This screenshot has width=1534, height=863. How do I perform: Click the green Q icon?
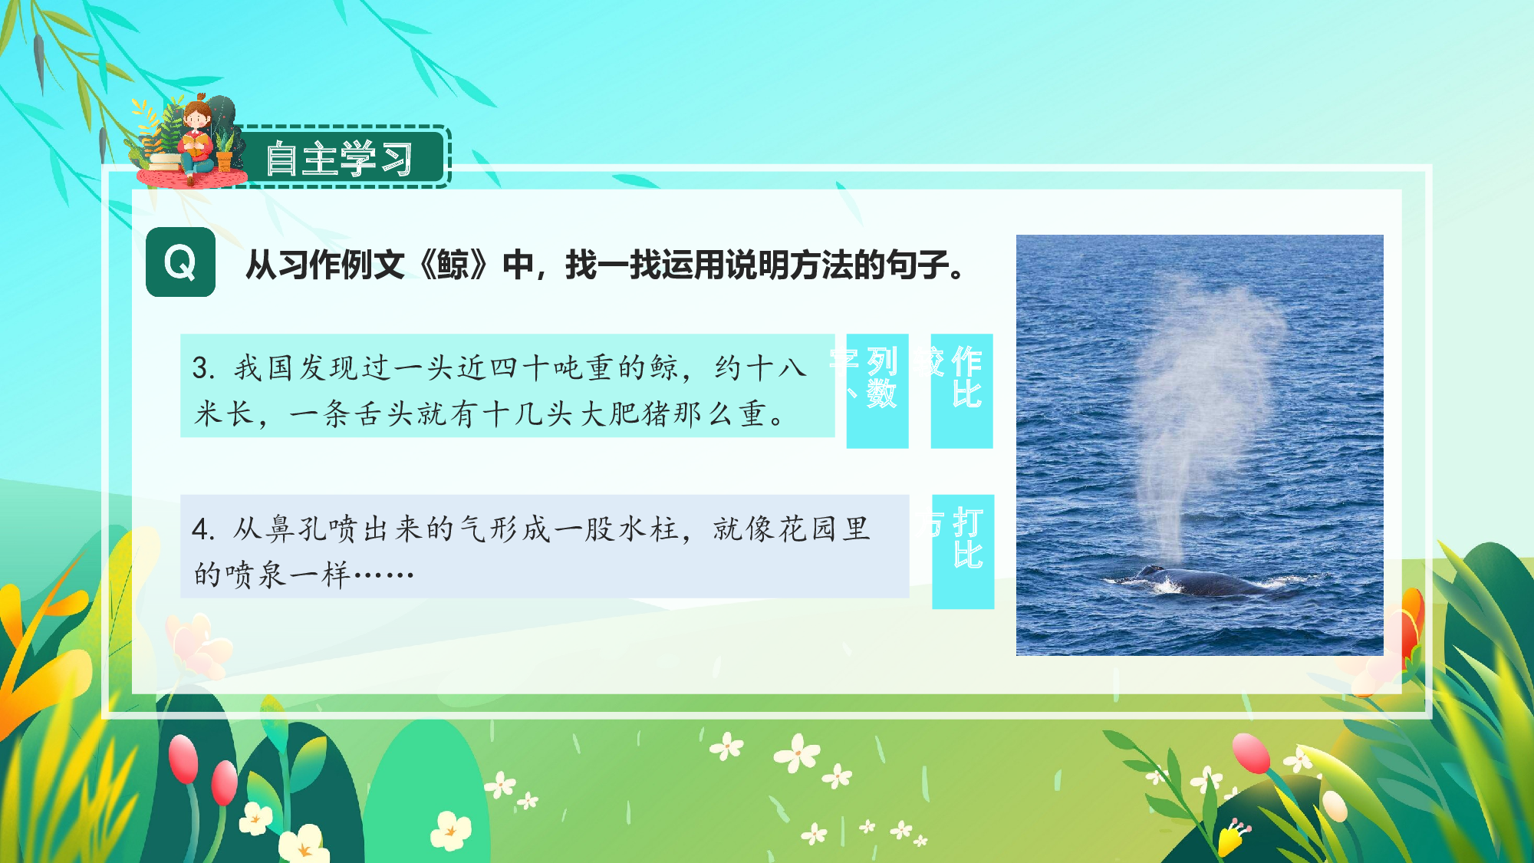[180, 262]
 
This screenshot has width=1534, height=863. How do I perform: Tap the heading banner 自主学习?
[339, 159]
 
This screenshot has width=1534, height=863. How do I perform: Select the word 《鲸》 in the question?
[453, 265]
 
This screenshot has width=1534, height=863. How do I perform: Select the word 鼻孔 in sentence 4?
[297, 529]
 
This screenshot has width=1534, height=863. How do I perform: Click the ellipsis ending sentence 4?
[383, 574]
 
